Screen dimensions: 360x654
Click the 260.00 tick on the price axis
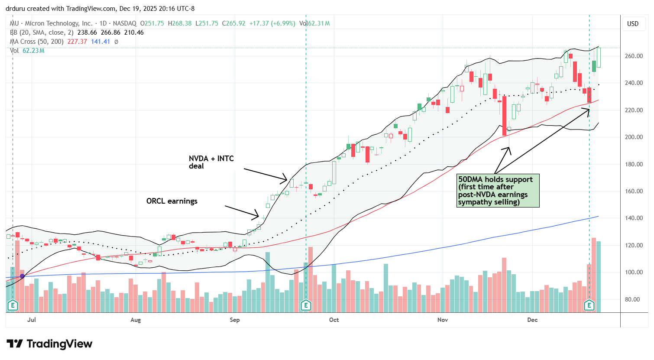(x=633, y=56)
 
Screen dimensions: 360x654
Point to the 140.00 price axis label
(x=633, y=218)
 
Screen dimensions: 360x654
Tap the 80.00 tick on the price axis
(x=633, y=299)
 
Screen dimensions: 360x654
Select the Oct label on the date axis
(x=334, y=320)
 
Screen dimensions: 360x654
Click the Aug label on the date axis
(x=136, y=320)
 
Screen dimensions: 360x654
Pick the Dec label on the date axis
(x=532, y=320)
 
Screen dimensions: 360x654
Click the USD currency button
(x=633, y=24)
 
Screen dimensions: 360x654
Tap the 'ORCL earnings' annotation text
(x=172, y=201)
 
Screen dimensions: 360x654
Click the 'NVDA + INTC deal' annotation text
(x=211, y=162)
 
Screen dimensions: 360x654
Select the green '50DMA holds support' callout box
(x=498, y=191)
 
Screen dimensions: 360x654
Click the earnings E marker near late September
(x=306, y=305)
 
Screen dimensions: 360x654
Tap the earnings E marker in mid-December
(x=589, y=305)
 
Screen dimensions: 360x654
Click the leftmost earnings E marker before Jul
(x=13, y=305)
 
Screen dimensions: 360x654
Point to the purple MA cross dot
(x=22, y=276)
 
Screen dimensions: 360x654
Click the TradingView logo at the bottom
(x=49, y=344)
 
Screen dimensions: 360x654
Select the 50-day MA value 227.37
(x=77, y=42)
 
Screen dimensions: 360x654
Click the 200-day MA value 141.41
(x=100, y=42)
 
